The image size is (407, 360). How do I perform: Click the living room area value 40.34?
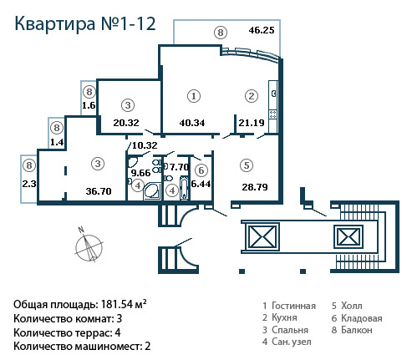point(192,123)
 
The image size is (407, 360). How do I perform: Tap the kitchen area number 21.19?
point(252,123)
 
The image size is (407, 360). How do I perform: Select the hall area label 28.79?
point(255,187)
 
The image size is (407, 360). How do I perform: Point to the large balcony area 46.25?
point(262,30)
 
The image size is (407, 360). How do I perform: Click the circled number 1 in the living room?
point(194,96)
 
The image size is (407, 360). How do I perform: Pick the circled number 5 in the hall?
point(247,165)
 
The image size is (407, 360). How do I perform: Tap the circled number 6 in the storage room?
point(201,170)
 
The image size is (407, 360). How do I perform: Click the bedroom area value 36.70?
point(99,191)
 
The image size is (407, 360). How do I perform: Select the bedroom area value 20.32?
point(126,123)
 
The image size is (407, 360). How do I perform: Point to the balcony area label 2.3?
point(29,184)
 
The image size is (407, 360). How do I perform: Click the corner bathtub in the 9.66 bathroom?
point(152,191)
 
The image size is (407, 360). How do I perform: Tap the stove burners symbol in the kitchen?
point(272,114)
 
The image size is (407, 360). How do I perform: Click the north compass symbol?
point(89,246)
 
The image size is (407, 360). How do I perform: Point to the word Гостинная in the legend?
point(293,306)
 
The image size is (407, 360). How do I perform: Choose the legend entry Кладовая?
point(357,318)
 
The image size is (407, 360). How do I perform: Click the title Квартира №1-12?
point(85,23)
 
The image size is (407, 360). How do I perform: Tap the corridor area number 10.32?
point(145,145)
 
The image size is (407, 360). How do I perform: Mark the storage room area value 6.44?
point(201,184)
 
